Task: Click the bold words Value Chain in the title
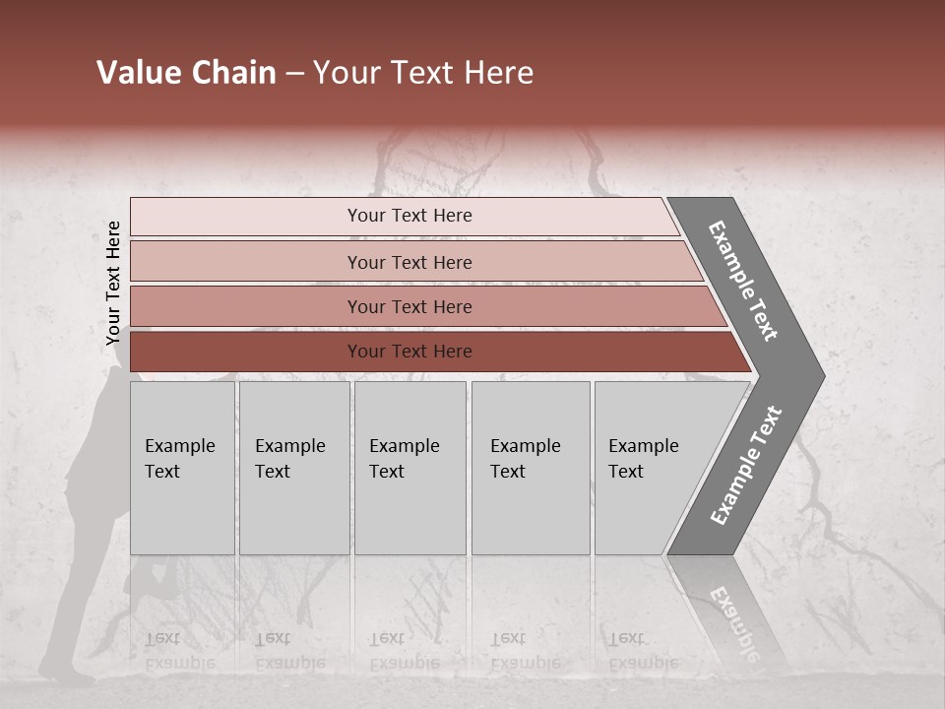186,73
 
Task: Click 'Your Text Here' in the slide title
423,73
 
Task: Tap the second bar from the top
409,262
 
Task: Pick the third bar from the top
409,306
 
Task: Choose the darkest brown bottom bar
409,352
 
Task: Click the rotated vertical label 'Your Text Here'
113,283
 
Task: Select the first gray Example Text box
182,468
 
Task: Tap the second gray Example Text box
293,468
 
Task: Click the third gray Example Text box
409,468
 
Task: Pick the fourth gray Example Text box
530,468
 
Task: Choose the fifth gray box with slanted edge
655,468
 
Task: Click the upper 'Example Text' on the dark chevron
743,281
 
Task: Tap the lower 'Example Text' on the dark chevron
746,466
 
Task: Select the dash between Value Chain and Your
294,74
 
